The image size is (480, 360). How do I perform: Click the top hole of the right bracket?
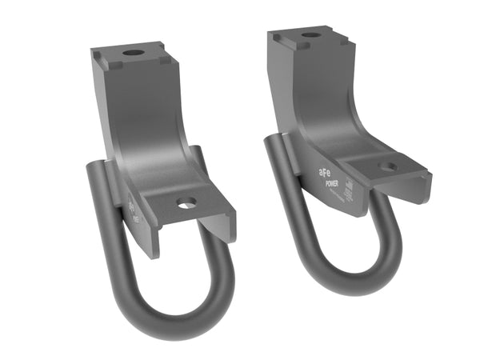(310, 35)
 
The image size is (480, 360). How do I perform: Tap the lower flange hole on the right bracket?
(387, 167)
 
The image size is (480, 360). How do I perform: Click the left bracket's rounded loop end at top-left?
(94, 169)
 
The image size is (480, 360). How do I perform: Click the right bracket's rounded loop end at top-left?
(274, 142)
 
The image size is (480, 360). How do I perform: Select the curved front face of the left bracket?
(152, 136)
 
